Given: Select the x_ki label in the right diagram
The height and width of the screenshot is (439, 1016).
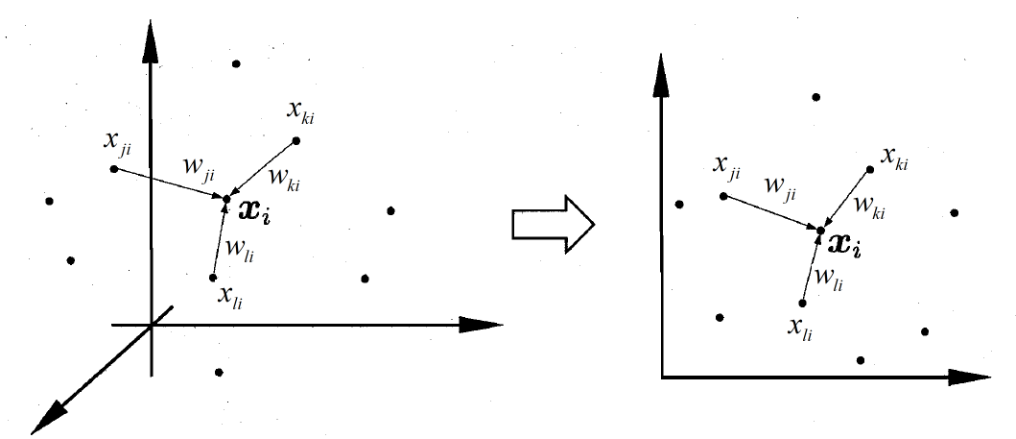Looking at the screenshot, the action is [x=894, y=158].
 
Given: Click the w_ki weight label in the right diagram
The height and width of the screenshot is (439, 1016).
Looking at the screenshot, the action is [x=870, y=208].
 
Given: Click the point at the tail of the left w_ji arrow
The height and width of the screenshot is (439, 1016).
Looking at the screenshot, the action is [x=113, y=169].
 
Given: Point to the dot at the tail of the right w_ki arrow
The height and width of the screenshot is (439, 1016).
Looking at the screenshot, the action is [x=870, y=169].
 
